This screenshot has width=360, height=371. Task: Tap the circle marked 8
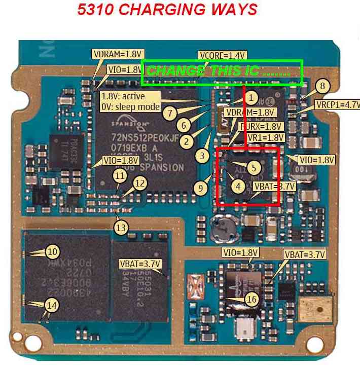[321, 86]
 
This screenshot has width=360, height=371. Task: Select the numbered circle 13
[121, 228]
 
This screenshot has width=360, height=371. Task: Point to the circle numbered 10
[52, 251]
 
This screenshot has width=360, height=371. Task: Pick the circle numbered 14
[52, 305]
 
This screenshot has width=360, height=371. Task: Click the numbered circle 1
[253, 98]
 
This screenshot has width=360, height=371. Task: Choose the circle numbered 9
[201, 189]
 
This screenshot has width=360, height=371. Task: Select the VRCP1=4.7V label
[337, 105]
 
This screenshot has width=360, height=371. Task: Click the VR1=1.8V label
[268, 137]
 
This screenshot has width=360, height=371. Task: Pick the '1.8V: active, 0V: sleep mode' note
[130, 101]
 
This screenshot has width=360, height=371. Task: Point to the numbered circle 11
[120, 176]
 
